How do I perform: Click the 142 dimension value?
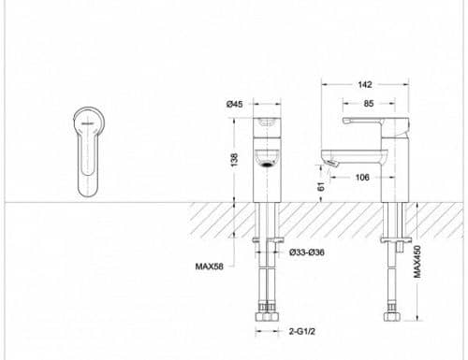pos(365,84)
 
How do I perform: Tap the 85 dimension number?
pos(369,104)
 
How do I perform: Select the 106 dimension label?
pos(362,177)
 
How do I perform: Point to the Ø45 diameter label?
pos(234,104)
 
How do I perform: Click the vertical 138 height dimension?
pos(234,160)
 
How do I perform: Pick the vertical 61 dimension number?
pos(321,186)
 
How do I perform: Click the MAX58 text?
pos(209,266)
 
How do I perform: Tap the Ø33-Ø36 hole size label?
pos(307,252)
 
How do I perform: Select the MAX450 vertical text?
pos(417,262)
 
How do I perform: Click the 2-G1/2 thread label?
pos(301,331)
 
